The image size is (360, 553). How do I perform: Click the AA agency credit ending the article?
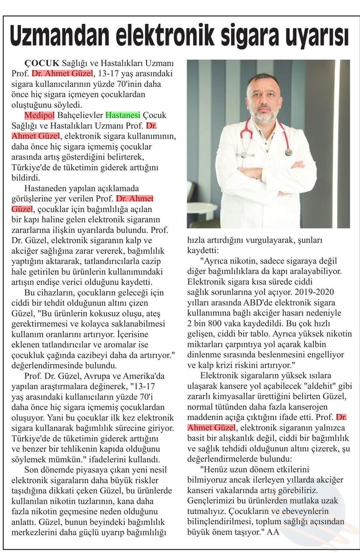click(273, 532)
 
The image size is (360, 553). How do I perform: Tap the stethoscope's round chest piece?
click(288, 152)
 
